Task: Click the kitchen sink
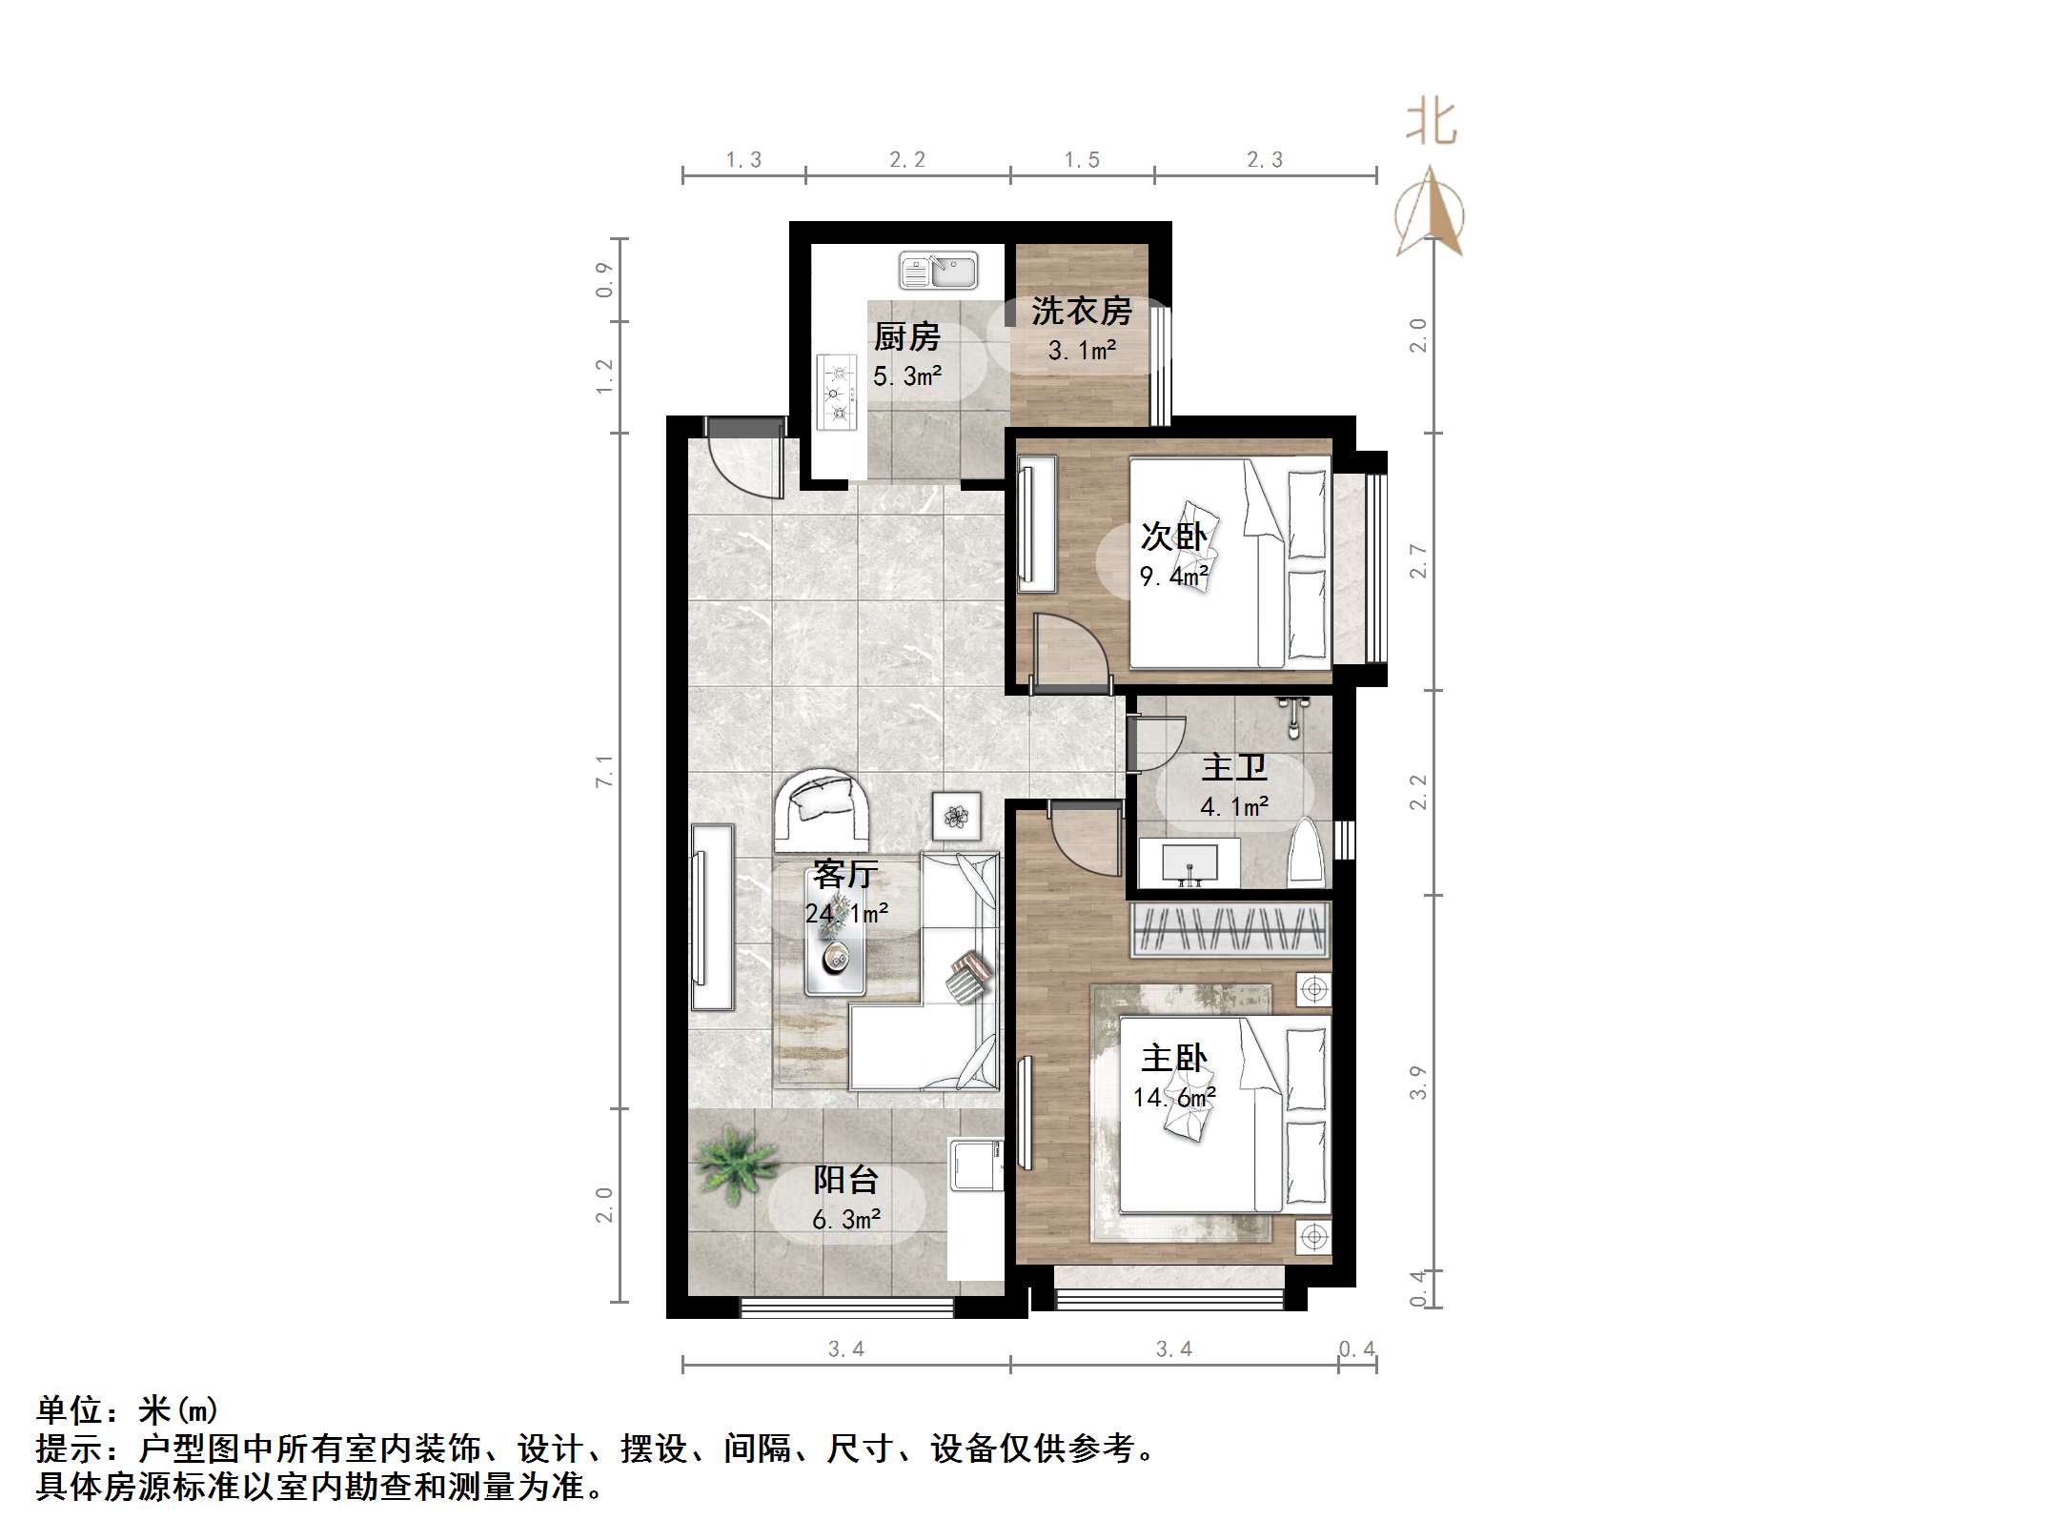point(938,272)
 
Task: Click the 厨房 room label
point(906,336)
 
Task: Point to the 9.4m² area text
point(1173,576)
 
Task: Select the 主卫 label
point(1233,766)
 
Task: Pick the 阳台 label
point(845,1180)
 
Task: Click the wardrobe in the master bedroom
point(1230,930)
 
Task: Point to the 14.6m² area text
point(1173,1097)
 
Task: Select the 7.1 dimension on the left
point(604,770)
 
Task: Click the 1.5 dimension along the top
point(1082,160)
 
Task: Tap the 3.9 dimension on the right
point(1418,1083)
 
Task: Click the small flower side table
point(956,816)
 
